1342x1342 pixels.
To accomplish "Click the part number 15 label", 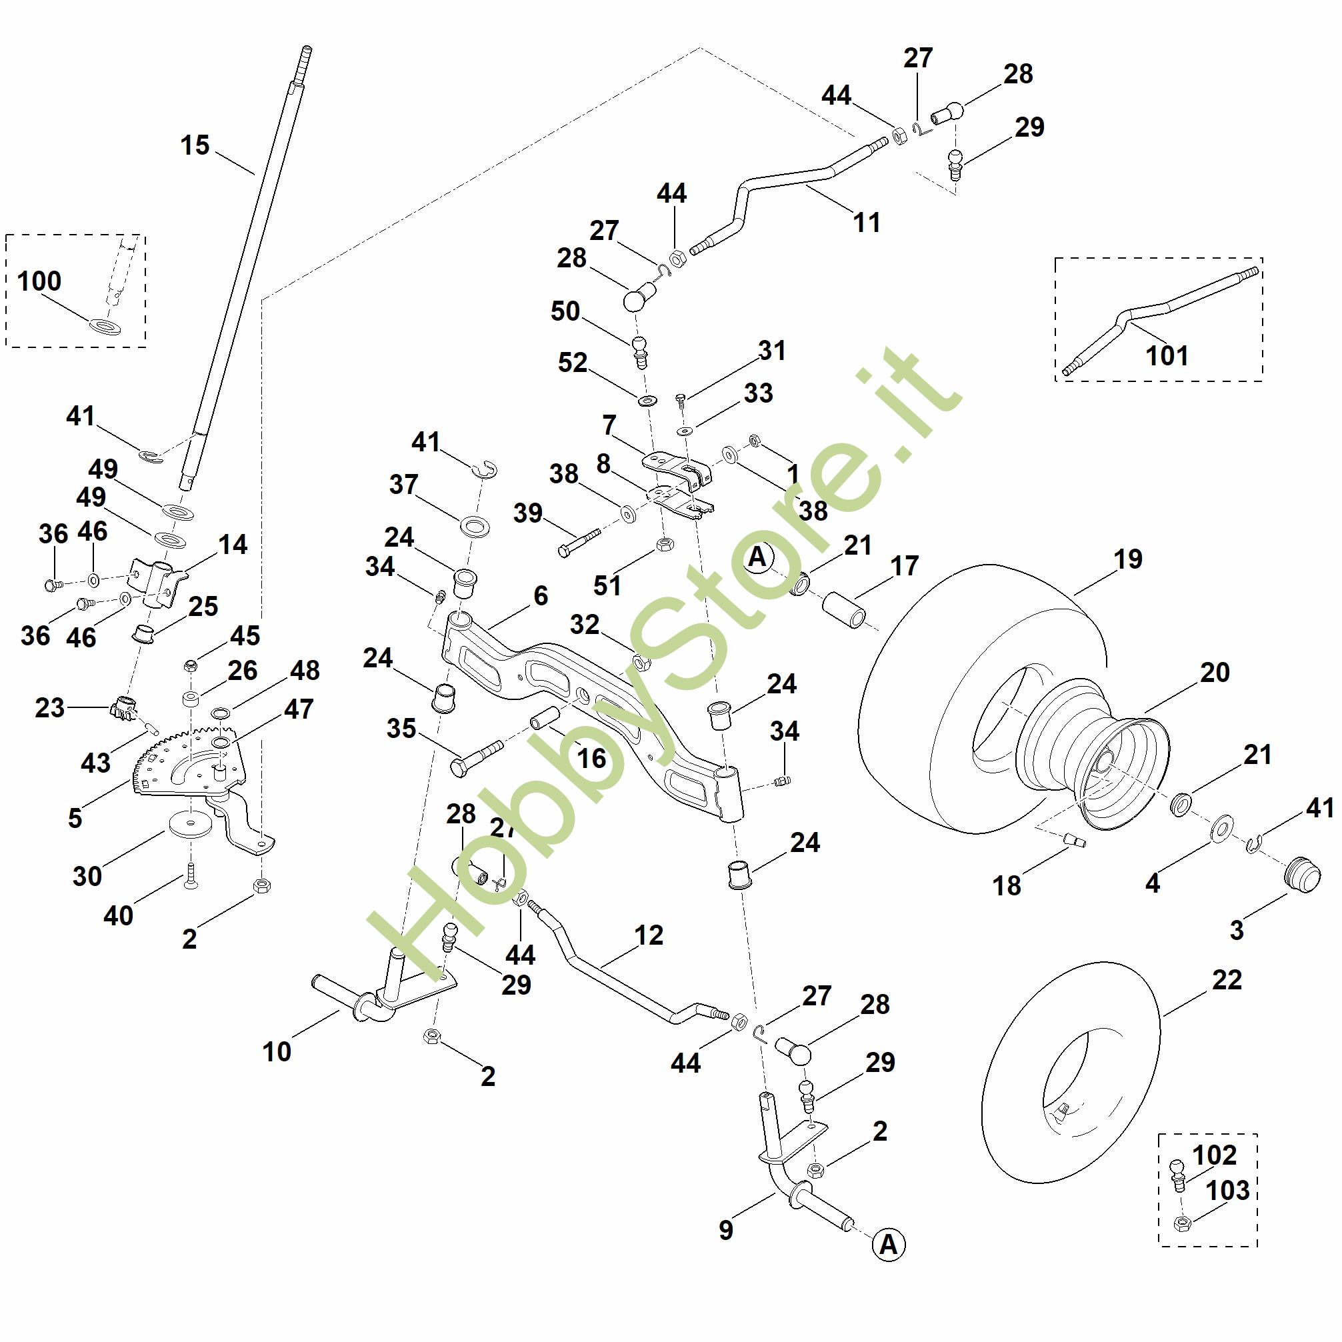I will pyautogui.click(x=195, y=146).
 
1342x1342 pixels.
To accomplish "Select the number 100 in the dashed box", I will pyautogui.click(x=39, y=281).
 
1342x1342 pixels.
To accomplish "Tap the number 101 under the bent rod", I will pyautogui.click(x=1167, y=355).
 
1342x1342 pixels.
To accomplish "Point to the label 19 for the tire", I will pyautogui.click(x=1127, y=559).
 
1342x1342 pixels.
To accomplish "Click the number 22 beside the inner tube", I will pyautogui.click(x=1227, y=979).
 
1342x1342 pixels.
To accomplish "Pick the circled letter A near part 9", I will pyautogui.click(x=889, y=1245).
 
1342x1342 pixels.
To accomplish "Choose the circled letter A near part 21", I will pyautogui.click(x=758, y=558).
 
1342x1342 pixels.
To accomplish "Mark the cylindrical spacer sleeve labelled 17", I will pyautogui.click(x=843, y=610).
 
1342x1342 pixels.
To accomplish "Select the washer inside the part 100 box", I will pyautogui.click(x=103, y=325).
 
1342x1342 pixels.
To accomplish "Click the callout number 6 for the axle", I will pyautogui.click(x=541, y=595).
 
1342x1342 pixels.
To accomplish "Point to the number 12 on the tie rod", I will pyautogui.click(x=649, y=935).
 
